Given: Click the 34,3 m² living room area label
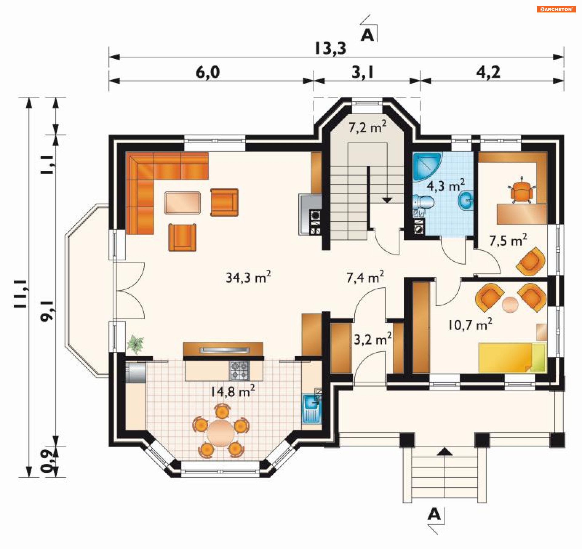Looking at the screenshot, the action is (x=248, y=277).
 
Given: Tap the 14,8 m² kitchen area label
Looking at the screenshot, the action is (x=233, y=391).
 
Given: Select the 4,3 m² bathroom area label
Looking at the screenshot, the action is (x=446, y=185).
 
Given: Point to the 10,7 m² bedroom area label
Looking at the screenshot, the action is (x=470, y=324).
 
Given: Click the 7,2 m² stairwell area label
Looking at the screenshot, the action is (x=367, y=127).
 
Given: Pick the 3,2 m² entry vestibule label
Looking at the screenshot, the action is (x=373, y=339).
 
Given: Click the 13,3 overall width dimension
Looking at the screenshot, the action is (x=330, y=48).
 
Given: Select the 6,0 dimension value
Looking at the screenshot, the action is (x=208, y=72).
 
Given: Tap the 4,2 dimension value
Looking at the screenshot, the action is (x=488, y=72).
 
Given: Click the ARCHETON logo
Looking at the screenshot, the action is (x=556, y=9).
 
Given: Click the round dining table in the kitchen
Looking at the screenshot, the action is (x=221, y=433).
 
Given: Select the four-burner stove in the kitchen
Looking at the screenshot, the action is (x=239, y=371).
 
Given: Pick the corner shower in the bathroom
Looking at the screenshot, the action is (x=426, y=167).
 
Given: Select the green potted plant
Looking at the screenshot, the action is (x=135, y=344).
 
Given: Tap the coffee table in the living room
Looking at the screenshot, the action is (x=182, y=203).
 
